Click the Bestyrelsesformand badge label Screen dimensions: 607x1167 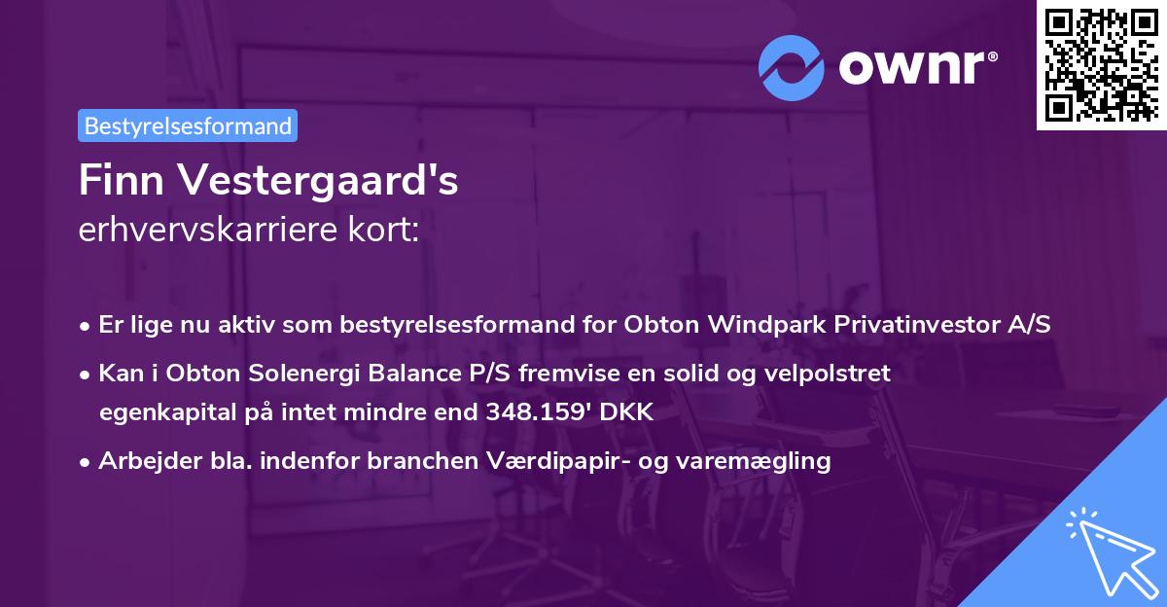point(188,125)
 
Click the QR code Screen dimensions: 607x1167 point(1101,65)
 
